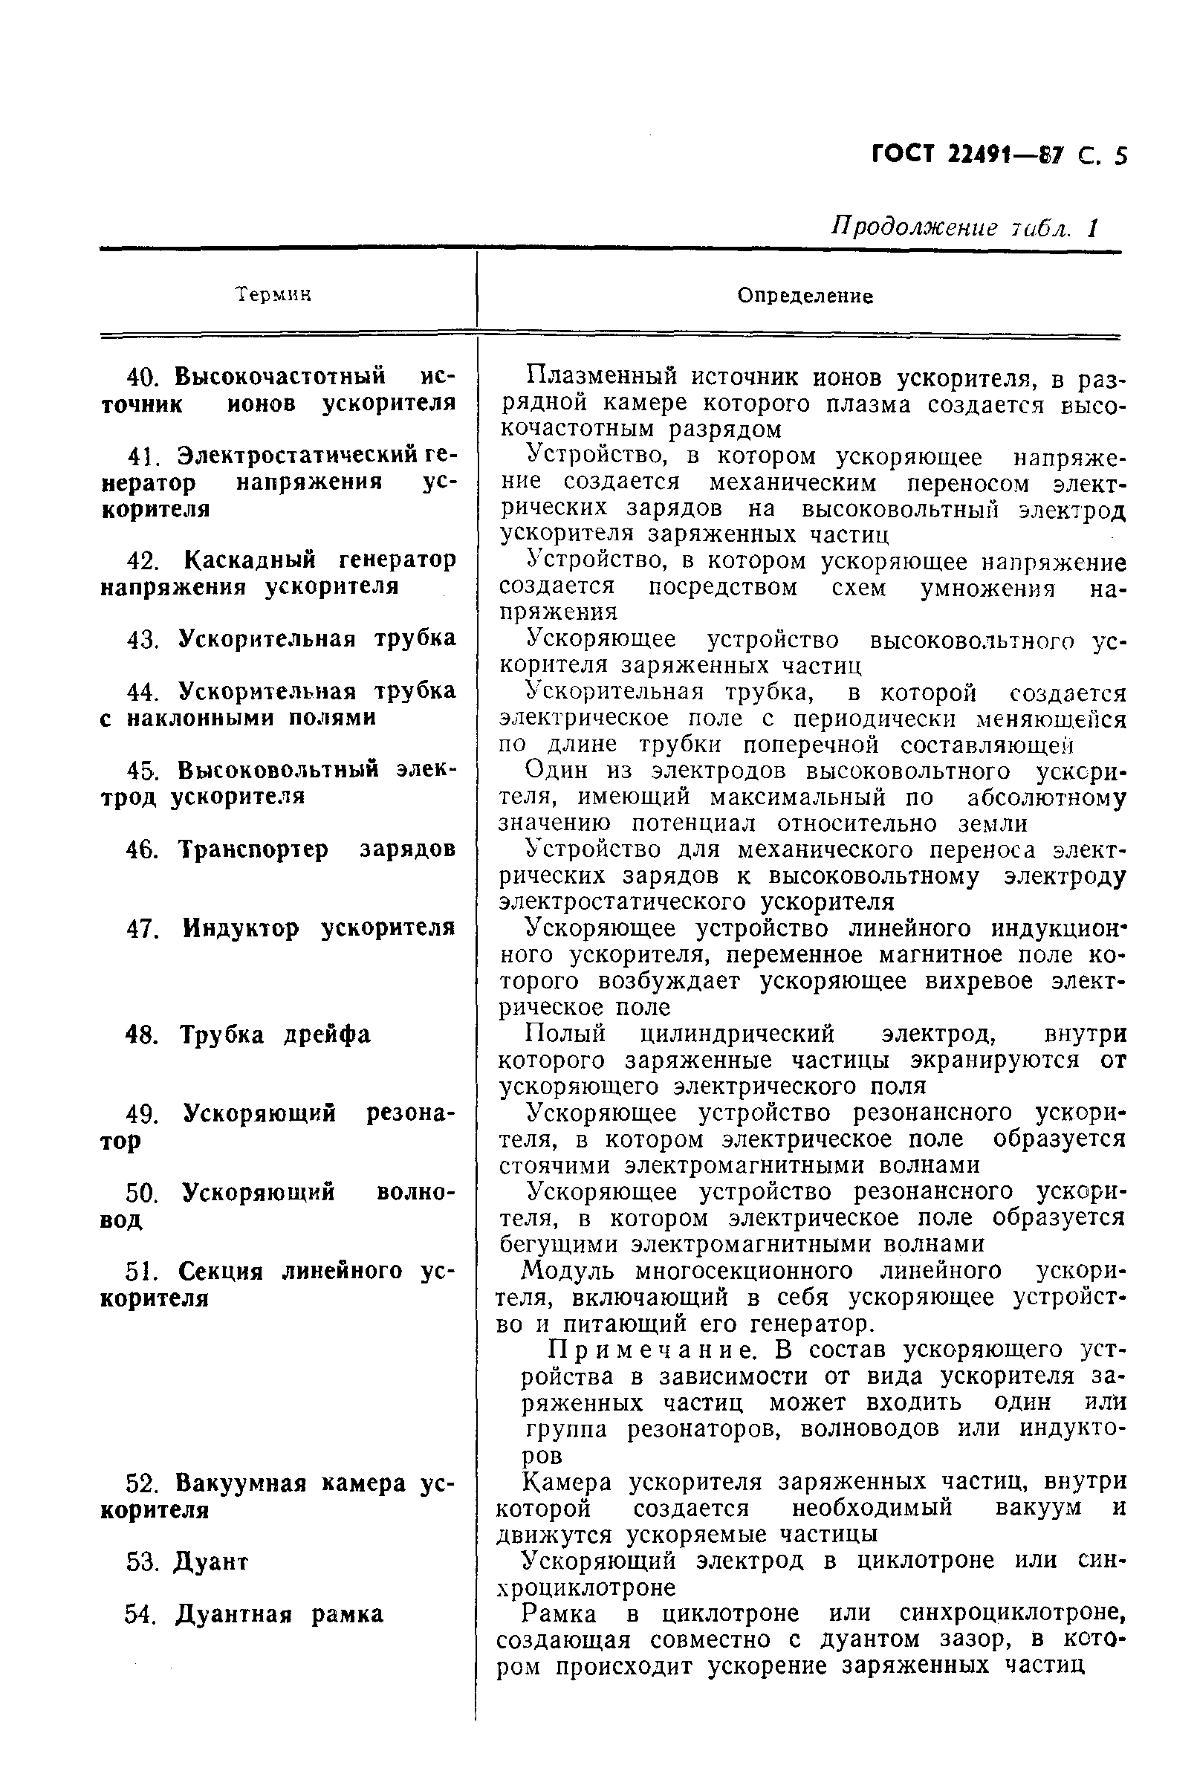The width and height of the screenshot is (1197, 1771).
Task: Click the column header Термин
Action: (x=273, y=295)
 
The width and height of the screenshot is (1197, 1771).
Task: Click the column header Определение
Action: (x=805, y=296)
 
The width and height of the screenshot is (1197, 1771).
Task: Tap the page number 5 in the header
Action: (x=1119, y=156)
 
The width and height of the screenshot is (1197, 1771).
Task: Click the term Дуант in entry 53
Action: (x=211, y=1562)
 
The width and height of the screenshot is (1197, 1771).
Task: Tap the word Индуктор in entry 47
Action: (x=241, y=928)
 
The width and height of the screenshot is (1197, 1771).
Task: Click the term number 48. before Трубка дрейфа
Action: (x=142, y=1035)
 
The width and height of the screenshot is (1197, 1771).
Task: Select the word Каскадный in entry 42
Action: (x=250, y=560)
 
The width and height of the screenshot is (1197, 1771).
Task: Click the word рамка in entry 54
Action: (x=347, y=1614)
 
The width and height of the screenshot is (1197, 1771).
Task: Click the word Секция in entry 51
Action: (x=221, y=1271)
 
